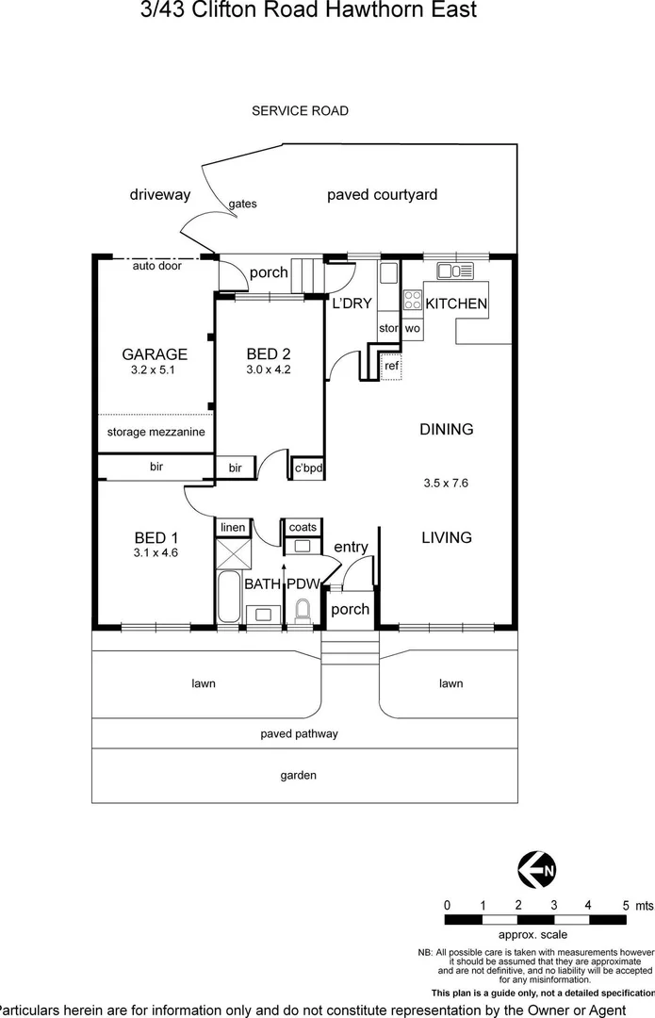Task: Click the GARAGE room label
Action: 155,354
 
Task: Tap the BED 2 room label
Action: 269,354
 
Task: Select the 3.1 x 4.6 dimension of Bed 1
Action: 156,553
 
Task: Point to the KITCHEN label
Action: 456,304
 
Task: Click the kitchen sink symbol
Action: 454,272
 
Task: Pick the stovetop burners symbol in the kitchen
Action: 413,301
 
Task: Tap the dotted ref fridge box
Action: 391,366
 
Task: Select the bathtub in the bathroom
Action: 229,596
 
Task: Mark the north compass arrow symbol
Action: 535,869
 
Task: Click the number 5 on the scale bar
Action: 625,905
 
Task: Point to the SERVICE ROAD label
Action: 300,111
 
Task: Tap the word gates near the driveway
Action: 242,204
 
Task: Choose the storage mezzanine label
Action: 156,432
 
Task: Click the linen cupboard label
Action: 233,527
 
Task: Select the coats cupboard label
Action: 303,527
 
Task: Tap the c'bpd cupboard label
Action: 308,468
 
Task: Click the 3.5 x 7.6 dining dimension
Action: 446,483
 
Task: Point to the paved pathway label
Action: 299,733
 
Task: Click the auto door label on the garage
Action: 156,266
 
